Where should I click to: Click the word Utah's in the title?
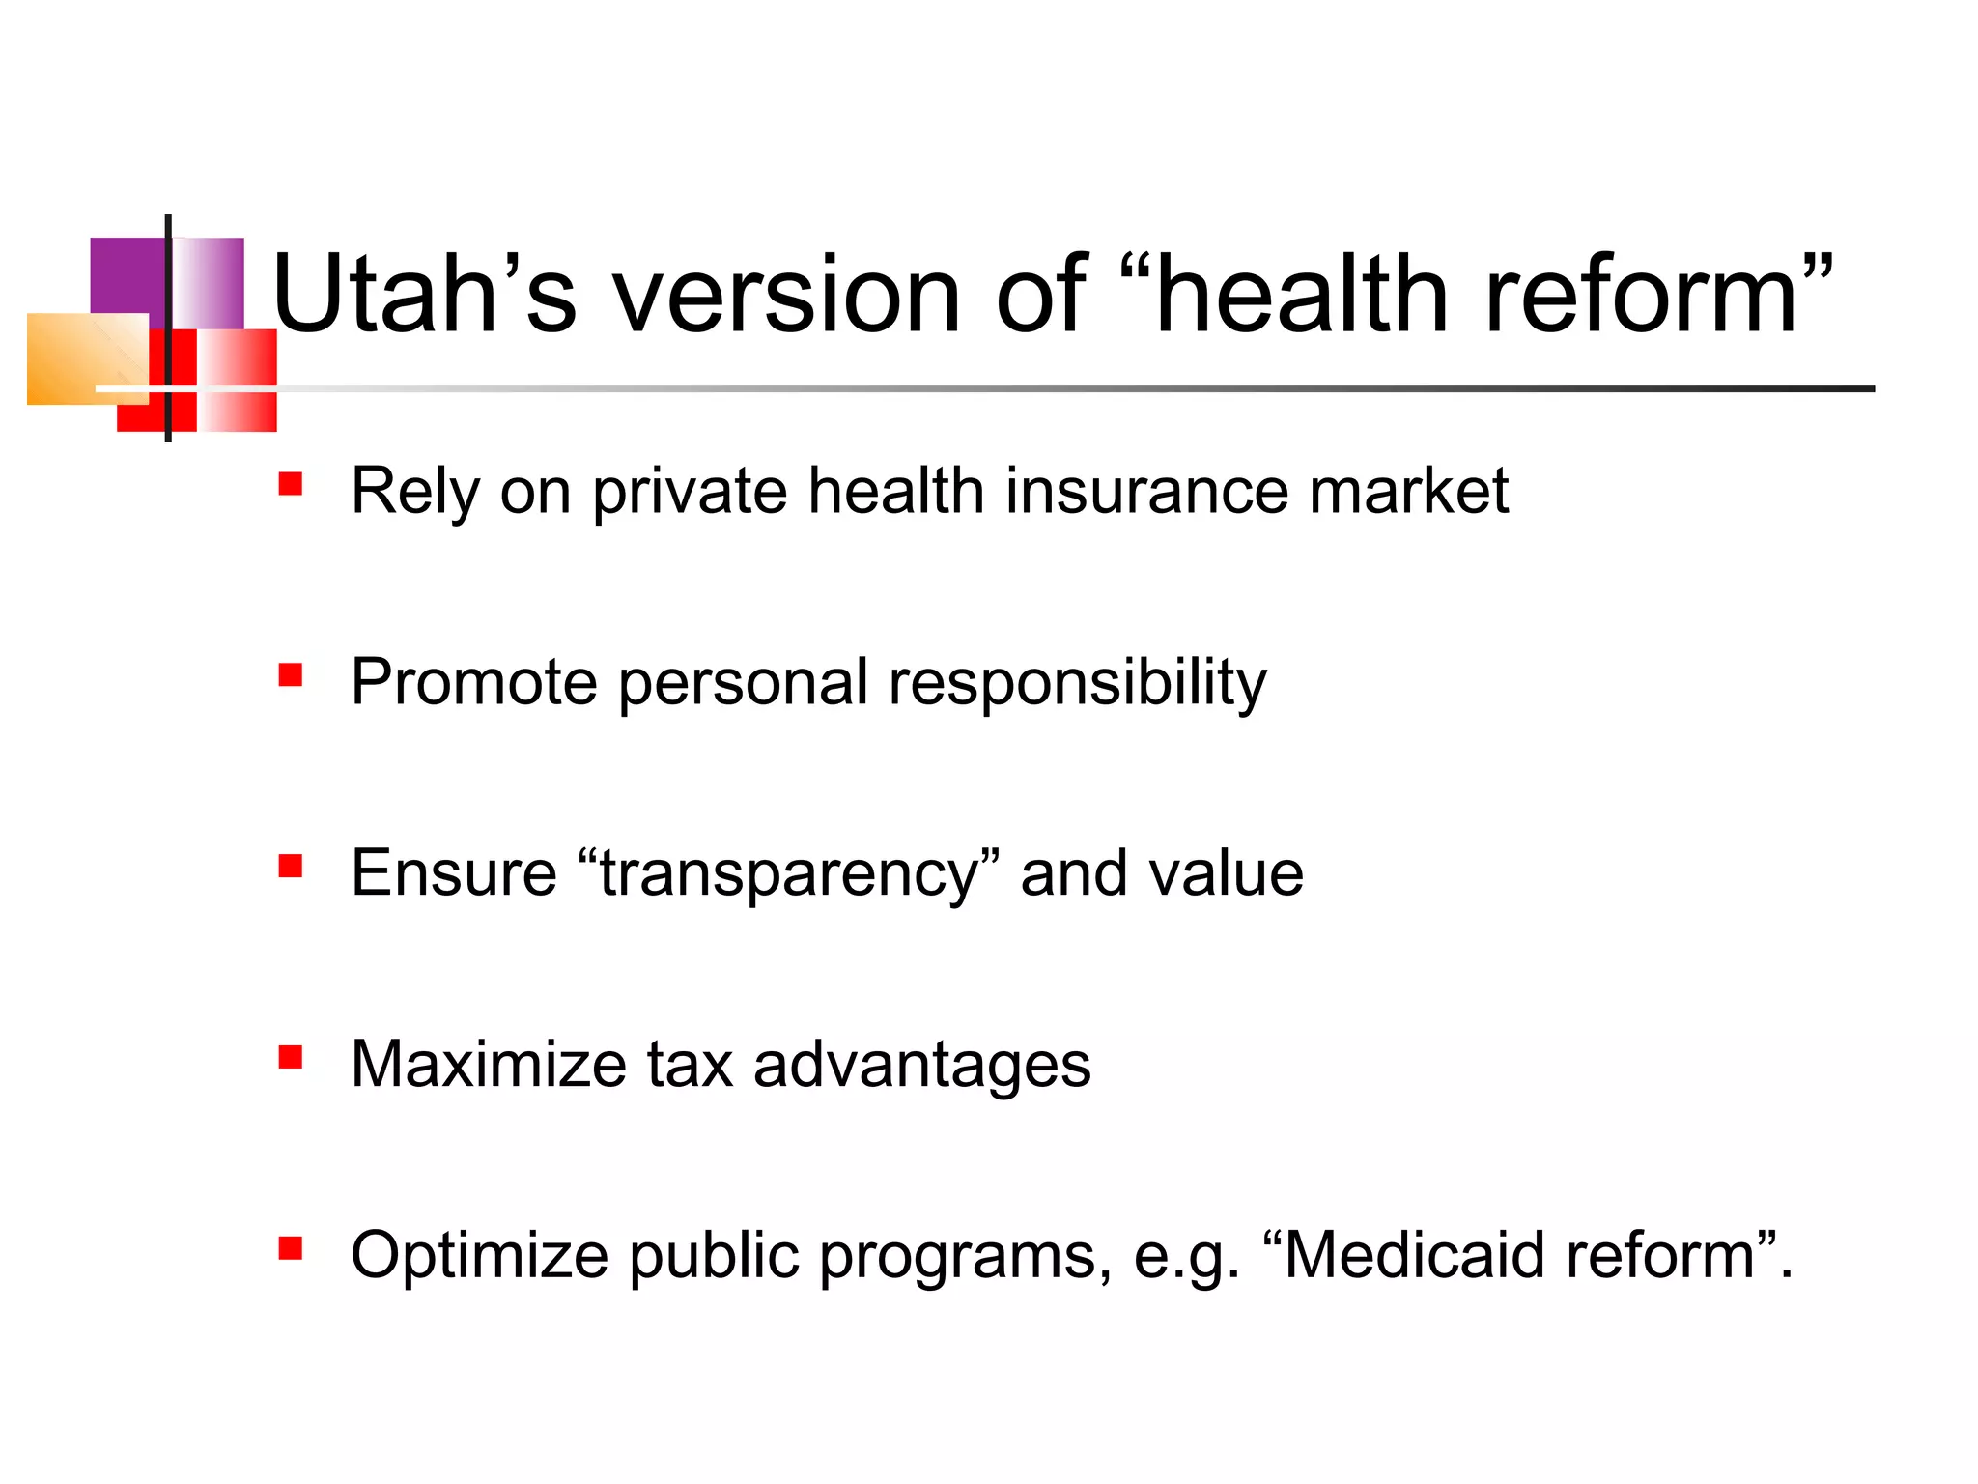click(425, 294)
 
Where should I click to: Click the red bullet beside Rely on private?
click(290, 483)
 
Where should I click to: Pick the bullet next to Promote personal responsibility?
click(290, 674)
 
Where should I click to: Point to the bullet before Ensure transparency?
click(290, 866)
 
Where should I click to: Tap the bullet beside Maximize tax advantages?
click(290, 1057)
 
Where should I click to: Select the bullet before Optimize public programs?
click(290, 1248)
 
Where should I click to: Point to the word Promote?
click(474, 682)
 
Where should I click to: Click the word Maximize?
click(489, 1065)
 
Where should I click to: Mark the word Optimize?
click(479, 1256)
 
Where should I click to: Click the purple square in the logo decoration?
click(127, 275)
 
